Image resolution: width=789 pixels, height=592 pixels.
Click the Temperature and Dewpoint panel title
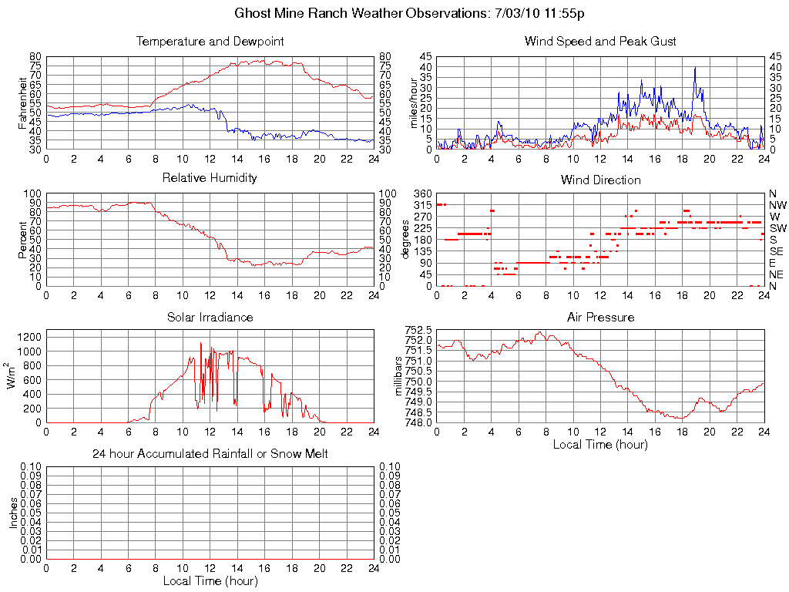[210, 42]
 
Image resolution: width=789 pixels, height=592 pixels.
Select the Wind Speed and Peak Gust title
[600, 42]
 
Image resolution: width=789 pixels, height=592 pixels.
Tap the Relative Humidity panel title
[210, 178]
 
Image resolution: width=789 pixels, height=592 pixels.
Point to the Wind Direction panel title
[600, 180]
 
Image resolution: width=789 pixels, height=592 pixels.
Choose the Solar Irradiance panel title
[210, 318]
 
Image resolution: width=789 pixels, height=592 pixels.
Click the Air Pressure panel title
[600, 318]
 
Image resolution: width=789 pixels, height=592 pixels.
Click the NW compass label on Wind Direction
[777, 205]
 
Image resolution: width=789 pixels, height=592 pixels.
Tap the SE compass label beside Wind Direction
[777, 251]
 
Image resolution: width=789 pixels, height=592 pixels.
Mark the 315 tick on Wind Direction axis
[422, 205]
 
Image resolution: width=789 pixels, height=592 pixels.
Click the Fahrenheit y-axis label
[22, 103]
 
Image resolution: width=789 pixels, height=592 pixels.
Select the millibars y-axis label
[399, 375]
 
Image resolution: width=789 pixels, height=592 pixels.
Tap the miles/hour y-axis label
[413, 103]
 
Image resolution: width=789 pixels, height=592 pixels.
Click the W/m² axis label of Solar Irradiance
[13, 375]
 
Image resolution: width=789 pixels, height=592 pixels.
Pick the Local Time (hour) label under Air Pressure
[600, 445]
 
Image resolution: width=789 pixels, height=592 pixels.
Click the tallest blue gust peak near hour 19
[695, 68]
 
